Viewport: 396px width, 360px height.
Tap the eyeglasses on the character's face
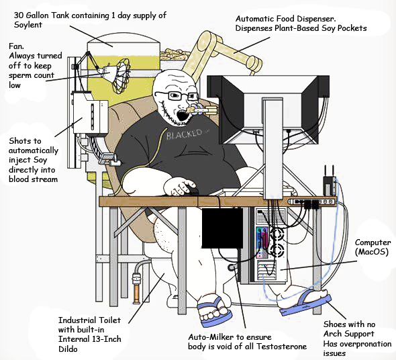click(x=177, y=95)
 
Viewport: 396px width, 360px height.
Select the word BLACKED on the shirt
click(x=184, y=134)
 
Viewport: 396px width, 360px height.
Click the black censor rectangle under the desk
click(x=222, y=228)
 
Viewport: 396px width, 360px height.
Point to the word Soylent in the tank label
click(x=28, y=25)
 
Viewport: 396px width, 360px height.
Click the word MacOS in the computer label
click(x=372, y=252)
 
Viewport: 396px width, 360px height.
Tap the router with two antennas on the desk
click(x=330, y=183)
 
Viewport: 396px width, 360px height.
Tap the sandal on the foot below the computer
click(x=305, y=304)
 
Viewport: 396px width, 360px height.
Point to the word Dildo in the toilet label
click(x=68, y=349)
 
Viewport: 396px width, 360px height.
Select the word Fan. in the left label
click(x=16, y=46)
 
